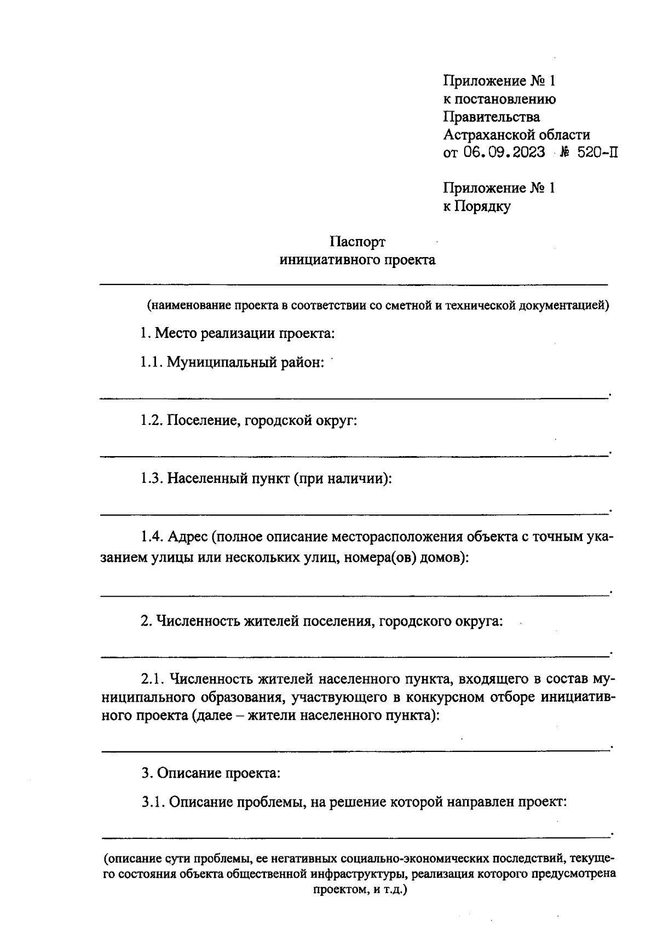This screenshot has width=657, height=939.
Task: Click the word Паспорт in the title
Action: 358,242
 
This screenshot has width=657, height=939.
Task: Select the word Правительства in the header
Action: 491,116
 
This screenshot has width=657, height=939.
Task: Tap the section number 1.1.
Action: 151,362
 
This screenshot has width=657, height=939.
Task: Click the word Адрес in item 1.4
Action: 187,537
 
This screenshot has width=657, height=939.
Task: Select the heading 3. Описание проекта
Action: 211,773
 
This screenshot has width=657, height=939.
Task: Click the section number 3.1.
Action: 153,802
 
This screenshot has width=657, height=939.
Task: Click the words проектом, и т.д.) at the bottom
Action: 359,890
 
